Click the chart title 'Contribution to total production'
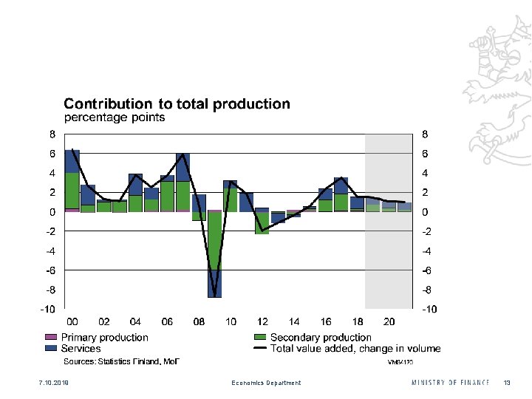click(x=177, y=104)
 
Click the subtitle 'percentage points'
click(x=115, y=117)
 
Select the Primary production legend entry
click(x=104, y=338)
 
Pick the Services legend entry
click(x=81, y=348)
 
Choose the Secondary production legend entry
click(x=321, y=338)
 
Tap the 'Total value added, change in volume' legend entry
click(x=355, y=348)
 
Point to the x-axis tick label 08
click(x=199, y=322)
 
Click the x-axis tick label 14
click(x=295, y=322)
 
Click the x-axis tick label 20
click(x=389, y=322)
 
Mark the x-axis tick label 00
click(x=72, y=322)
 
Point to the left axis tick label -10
click(x=47, y=308)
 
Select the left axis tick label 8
click(x=52, y=134)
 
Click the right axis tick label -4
click(x=426, y=250)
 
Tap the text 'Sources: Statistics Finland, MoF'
click(x=121, y=361)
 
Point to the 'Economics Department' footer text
click(x=266, y=383)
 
